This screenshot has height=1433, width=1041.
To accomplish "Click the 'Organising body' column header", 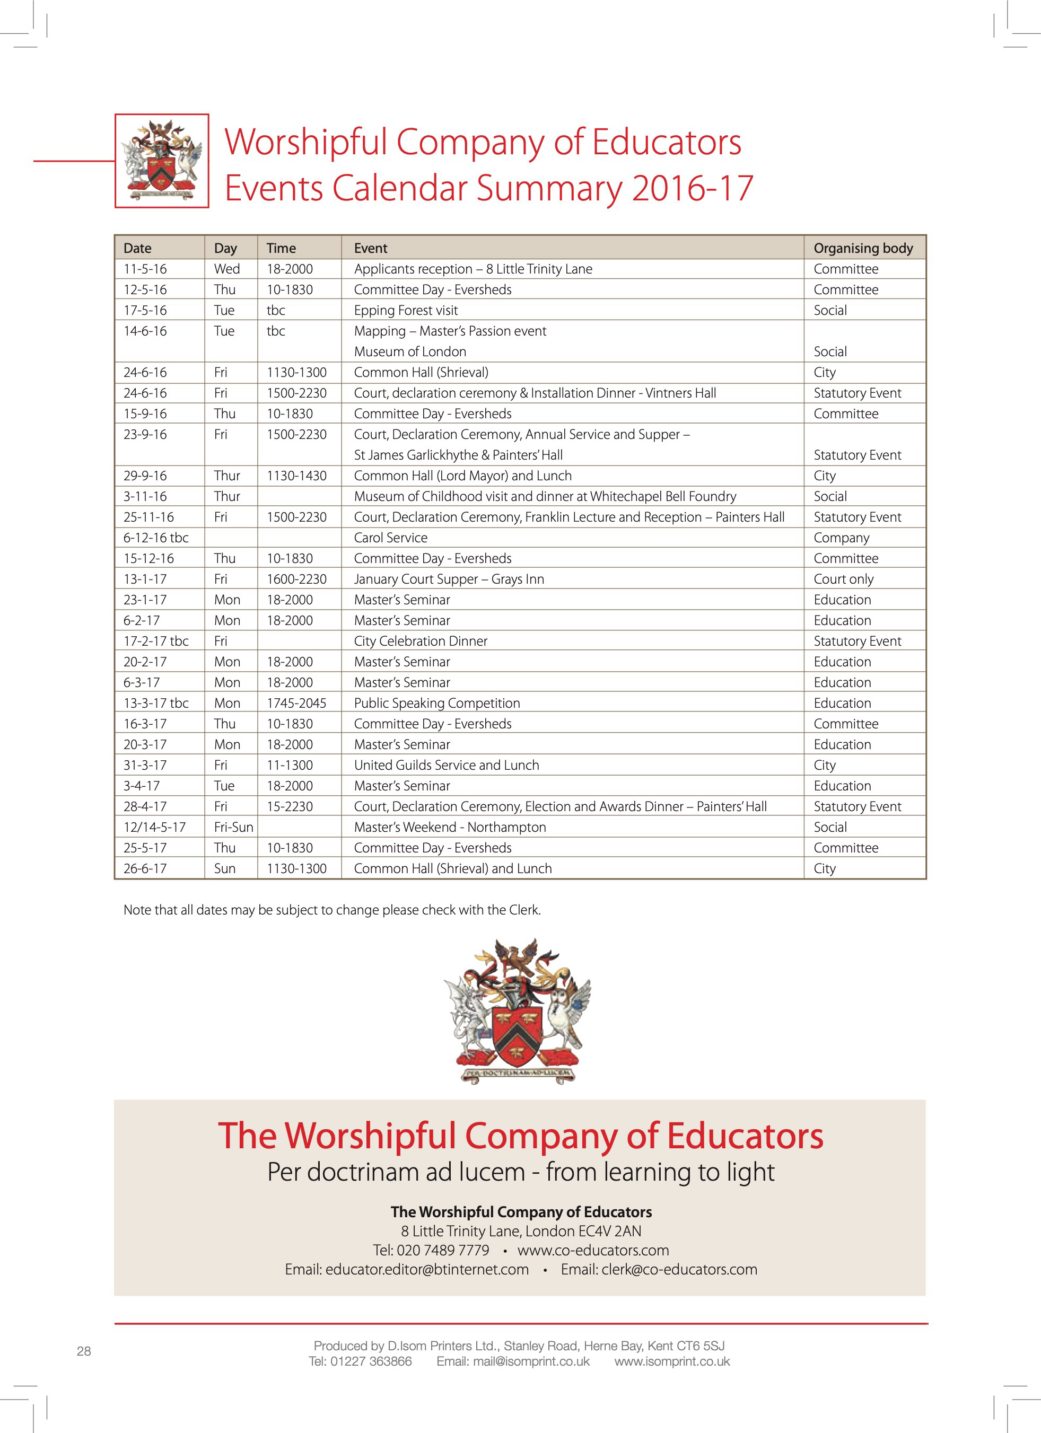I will pyautogui.click(x=863, y=248).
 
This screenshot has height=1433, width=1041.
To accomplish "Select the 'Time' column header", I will pyautogui.click(x=281, y=248).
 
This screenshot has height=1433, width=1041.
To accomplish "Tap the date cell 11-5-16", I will pyautogui.click(x=145, y=269).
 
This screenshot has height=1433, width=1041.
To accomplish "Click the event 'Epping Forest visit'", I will pyautogui.click(x=406, y=310).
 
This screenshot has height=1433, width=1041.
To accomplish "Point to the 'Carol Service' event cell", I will pyautogui.click(x=391, y=538).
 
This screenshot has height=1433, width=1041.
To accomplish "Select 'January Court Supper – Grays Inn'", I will pyautogui.click(x=449, y=579).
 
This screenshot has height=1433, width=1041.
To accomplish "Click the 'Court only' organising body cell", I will pyautogui.click(x=843, y=579).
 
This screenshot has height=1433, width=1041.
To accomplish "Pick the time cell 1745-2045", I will pyautogui.click(x=296, y=703).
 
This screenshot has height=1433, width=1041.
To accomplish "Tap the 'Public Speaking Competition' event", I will pyautogui.click(x=437, y=703).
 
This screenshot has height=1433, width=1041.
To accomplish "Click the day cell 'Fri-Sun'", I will pyautogui.click(x=233, y=827).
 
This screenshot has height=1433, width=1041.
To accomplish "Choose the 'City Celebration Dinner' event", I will pyautogui.click(x=421, y=641).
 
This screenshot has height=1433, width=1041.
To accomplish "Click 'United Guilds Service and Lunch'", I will pyautogui.click(x=446, y=765).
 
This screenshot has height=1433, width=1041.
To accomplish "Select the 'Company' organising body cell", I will pyautogui.click(x=841, y=538).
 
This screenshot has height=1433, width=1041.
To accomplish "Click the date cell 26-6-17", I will pyautogui.click(x=145, y=869).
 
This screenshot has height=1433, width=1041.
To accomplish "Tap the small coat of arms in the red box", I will pyautogui.click(x=162, y=161).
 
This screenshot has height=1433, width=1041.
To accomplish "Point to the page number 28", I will pyautogui.click(x=84, y=1351).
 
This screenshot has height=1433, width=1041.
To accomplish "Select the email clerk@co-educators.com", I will pyautogui.click(x=679, y=1269).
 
